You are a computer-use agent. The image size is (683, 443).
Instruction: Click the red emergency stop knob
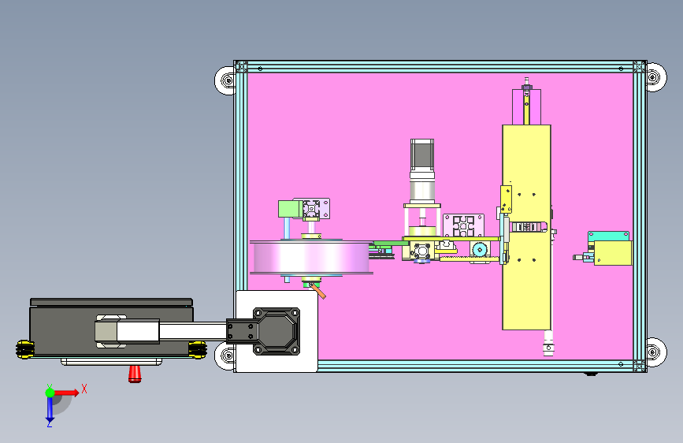(x=135, y=374)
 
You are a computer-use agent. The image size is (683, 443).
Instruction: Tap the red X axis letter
(x=84, y=389)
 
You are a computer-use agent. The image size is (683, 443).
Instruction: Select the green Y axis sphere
(x=50, y=393)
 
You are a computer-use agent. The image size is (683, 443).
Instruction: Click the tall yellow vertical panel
(x=526, y=227)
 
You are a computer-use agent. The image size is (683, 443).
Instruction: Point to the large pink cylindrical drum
(x=311, y=257)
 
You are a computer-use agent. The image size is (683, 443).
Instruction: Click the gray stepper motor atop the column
(x=422, y=155)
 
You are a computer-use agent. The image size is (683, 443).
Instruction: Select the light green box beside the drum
(x=289, y=209)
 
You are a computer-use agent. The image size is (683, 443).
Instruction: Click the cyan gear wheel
(x=479, y=250)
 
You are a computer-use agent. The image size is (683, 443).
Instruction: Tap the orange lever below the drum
(x=318, y=291)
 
